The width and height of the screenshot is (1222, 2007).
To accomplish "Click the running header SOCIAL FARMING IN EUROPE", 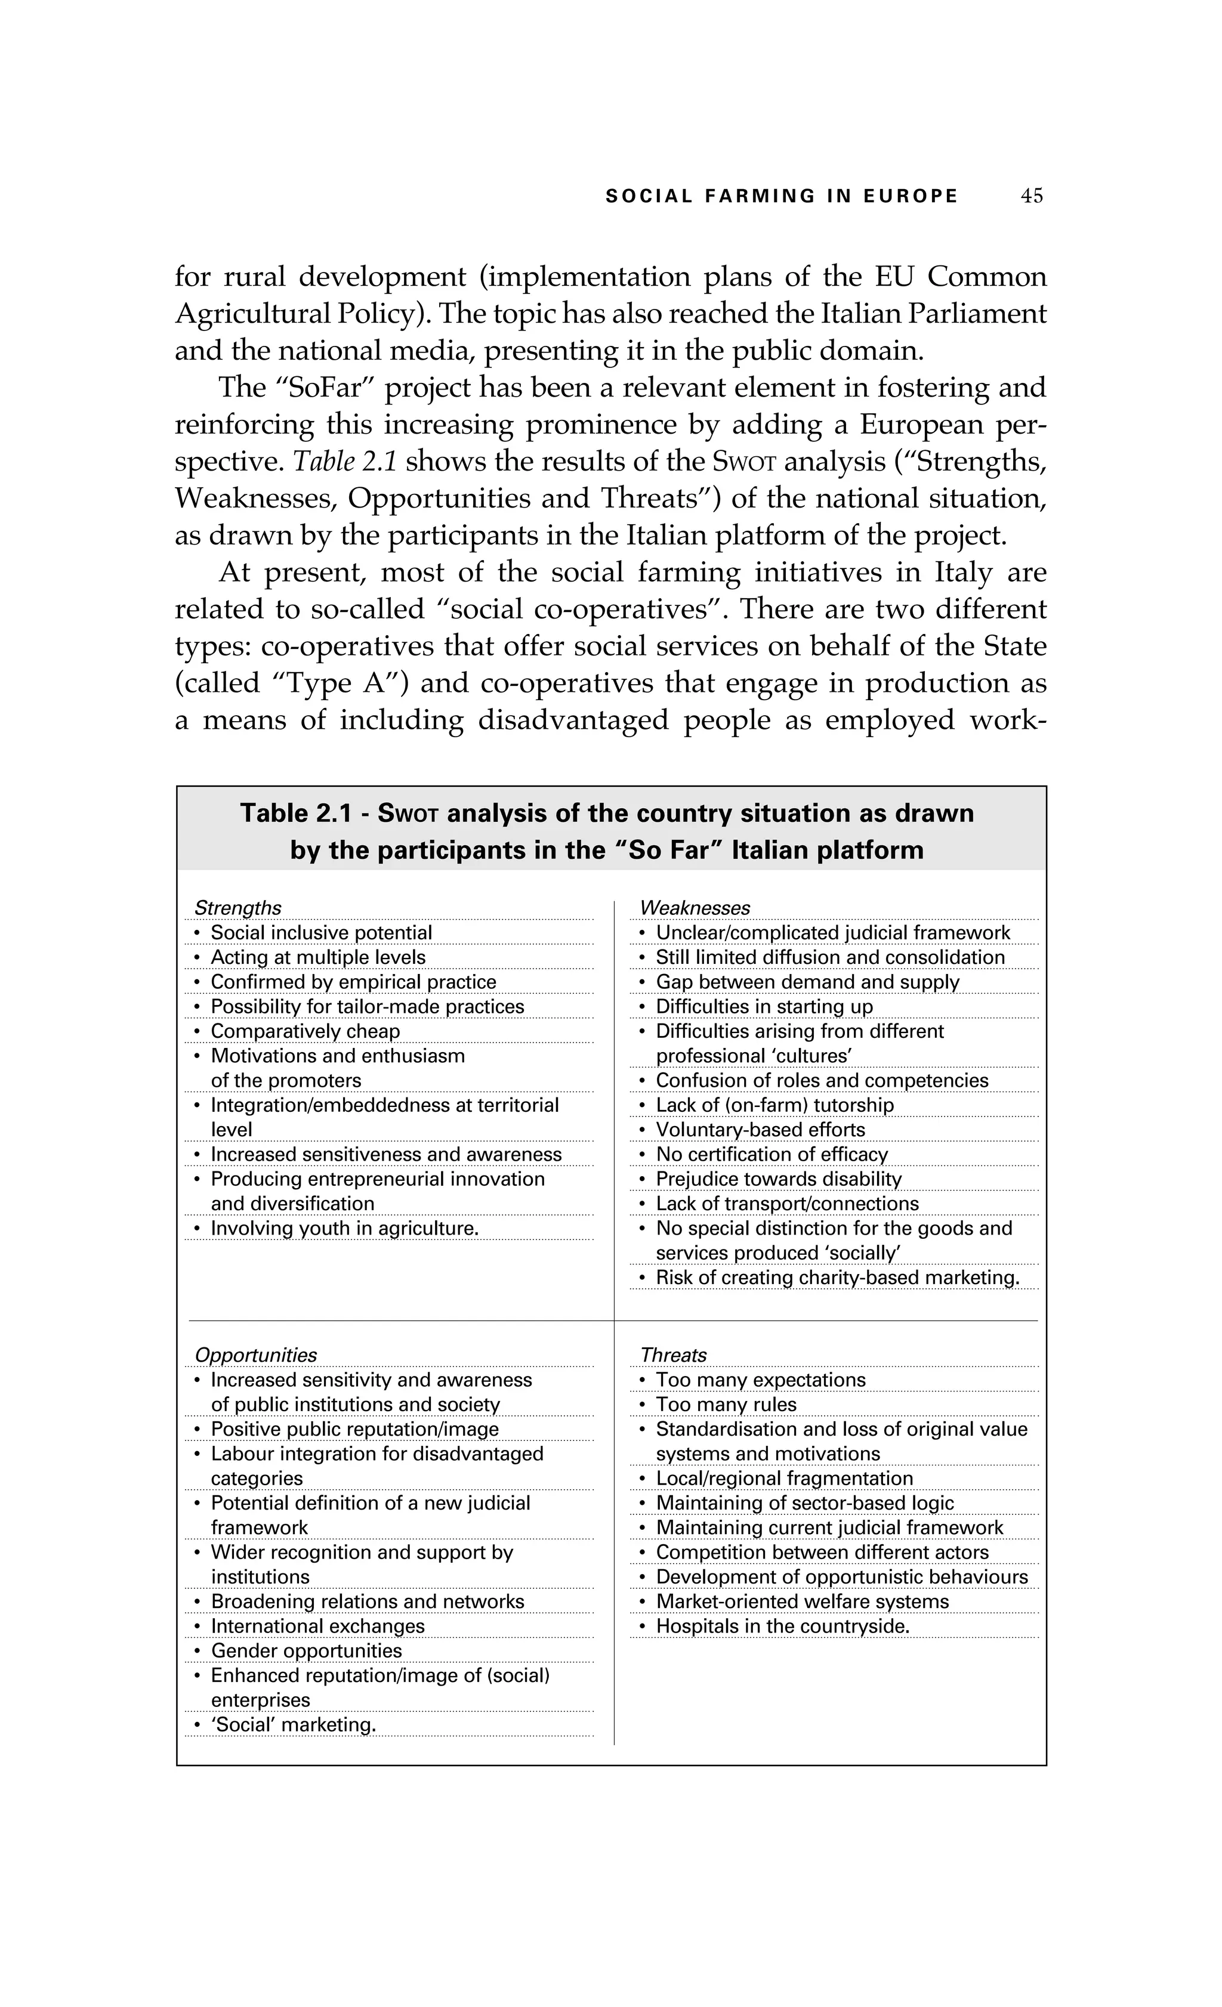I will [x=781, y=196].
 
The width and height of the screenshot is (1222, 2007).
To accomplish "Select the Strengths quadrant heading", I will [x=238, y=907].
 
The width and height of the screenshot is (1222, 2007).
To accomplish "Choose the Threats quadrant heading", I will [x=673, y=1355].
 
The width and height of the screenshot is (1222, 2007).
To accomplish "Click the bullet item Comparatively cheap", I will [x=305, y=1031].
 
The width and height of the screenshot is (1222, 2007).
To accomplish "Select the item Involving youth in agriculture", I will [x=344, y=1228].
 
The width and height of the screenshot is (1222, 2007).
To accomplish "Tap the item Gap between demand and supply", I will [x=807, y=982].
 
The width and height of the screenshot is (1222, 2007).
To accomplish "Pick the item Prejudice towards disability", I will [x=778, y=1179].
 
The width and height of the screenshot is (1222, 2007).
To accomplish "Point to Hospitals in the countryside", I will [x=782, y=1626].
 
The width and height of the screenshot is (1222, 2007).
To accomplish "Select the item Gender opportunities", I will [x=305, y=1651].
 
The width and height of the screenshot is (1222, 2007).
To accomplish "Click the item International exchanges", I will [x=317, y=1626].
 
